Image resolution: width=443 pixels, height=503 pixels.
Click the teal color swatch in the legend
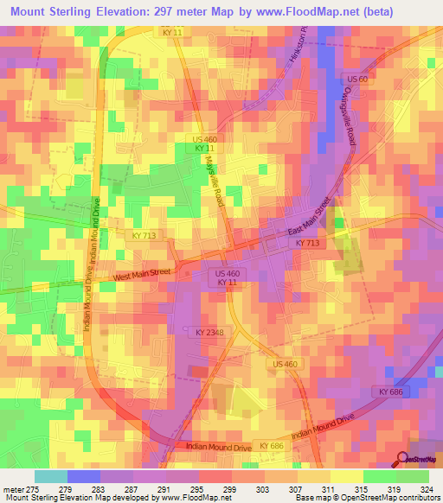click(50, 476)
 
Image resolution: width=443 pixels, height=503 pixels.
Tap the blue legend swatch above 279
click(83, 476)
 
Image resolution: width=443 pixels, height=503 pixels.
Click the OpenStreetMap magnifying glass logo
click(402, 460)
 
